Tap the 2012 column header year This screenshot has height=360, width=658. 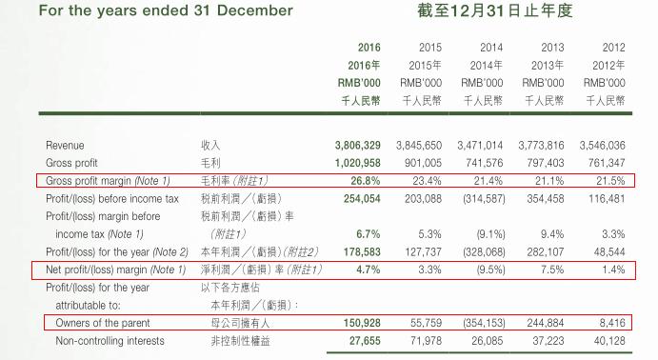(x=613, y=48)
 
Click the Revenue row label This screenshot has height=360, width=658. (x=66, y=145)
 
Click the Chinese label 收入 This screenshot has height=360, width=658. (x=211, y=145)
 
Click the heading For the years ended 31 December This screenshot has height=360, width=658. (x=152, y=11)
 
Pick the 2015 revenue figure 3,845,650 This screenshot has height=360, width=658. (x=419, y=145)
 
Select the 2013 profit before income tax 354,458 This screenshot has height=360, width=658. (x=542, y=198)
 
